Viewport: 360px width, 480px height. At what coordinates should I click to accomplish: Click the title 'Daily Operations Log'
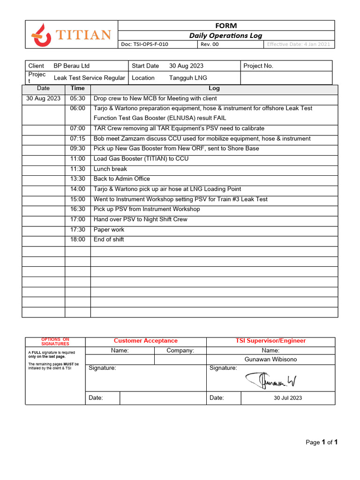[x=225, y=36]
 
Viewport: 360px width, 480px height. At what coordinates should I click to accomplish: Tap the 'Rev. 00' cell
[x=210, y=45]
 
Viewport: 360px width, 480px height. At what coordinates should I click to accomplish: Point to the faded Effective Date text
[x=299, y=45]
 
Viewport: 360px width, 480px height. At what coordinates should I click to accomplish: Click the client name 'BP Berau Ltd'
[x=72, y=66]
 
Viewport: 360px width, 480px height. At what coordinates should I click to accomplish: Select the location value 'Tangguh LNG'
[x=188, y=78]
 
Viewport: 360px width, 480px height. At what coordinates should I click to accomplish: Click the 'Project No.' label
[x=258, y=66]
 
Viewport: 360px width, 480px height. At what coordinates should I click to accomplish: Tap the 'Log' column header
[x=214, y=88]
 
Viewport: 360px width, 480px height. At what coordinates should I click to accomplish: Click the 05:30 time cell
[x=78, y=98]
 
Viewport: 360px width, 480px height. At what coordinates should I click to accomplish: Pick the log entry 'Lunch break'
[x=110, y=169]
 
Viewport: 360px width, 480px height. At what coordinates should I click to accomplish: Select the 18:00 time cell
[x=78, y=240]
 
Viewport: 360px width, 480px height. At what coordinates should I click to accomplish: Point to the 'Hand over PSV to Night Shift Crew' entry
[x=140, y=219]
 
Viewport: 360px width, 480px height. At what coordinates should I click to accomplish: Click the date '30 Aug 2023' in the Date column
[x=43, y=98]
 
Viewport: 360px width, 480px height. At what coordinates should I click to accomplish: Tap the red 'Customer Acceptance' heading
[x=146, y=341]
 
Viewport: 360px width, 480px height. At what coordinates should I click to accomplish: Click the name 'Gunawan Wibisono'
[x=270, y=360]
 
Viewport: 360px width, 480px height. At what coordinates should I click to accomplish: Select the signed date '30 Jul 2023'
[x=288, y=398]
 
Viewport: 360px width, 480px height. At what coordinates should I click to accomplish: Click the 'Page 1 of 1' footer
[x=322, y=442]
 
